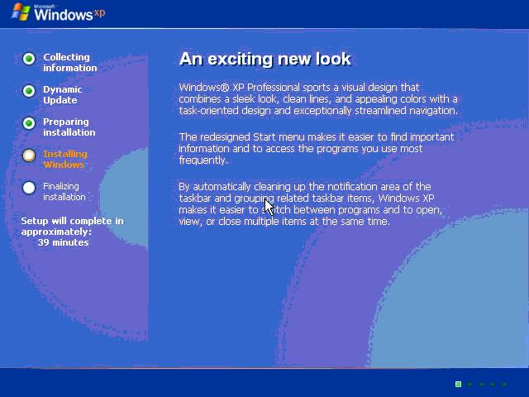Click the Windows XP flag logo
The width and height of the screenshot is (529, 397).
(21, 12)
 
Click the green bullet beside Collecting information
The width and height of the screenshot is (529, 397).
(29, 59)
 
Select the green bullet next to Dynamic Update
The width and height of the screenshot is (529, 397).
(29, 91)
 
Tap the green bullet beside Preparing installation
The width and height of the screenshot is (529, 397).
(29, 123)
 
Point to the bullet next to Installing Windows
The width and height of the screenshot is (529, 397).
(29, 155)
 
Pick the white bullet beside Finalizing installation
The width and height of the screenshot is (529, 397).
(29, 188)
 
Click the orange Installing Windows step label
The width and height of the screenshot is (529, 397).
(65, 159)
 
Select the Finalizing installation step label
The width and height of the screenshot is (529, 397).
(64, 191)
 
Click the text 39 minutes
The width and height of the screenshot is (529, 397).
(64, 242)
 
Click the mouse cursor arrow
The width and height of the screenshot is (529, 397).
(269, 207)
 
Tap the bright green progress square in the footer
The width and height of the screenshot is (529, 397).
(458, 384)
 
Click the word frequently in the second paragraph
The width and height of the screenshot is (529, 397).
(203, 160)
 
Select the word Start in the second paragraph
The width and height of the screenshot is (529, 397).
(264, 137)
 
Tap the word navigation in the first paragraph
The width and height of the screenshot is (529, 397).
(433, 111)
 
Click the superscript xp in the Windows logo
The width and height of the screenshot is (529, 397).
(99, 13)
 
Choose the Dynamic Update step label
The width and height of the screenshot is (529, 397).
(63, 94)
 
